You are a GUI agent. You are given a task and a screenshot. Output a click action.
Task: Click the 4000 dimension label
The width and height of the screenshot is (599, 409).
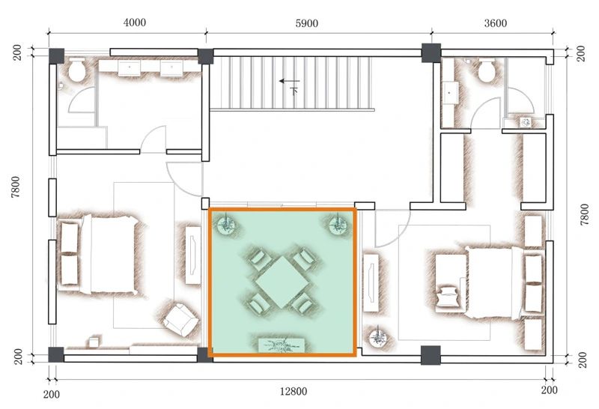135,22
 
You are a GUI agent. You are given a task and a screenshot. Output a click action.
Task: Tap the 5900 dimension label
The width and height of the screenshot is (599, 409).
307,24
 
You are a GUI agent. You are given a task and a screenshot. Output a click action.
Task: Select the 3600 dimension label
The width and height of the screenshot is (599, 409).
496,24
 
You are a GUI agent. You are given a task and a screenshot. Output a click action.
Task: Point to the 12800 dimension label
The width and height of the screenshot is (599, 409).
294,392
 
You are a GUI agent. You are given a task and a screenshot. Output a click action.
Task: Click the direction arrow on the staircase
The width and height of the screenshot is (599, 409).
289,81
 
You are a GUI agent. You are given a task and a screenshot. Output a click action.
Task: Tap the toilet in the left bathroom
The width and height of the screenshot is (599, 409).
77,70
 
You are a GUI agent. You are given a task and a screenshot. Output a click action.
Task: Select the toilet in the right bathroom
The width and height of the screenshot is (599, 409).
487,70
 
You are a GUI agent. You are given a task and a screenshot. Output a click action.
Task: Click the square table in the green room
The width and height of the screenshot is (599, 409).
282,282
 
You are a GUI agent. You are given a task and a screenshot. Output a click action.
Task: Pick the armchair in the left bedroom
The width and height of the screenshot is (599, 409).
180,320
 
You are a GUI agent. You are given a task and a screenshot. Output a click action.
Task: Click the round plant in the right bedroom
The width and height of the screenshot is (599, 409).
379,337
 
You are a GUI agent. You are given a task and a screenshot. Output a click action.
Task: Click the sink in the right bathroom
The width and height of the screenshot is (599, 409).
451,93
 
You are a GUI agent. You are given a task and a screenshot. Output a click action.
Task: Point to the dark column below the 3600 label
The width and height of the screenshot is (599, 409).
431,52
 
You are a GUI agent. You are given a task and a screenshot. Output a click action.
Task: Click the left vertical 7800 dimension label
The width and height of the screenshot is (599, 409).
15,187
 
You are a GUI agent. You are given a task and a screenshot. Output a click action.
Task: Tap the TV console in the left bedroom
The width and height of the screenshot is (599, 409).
193,255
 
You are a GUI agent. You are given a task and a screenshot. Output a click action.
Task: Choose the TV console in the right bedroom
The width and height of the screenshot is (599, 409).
371,283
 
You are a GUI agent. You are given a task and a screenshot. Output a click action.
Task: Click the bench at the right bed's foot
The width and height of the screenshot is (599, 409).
451,283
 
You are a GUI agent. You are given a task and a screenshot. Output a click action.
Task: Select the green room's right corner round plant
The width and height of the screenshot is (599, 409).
338,225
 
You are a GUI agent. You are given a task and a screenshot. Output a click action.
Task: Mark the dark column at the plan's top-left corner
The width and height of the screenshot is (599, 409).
57,56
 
